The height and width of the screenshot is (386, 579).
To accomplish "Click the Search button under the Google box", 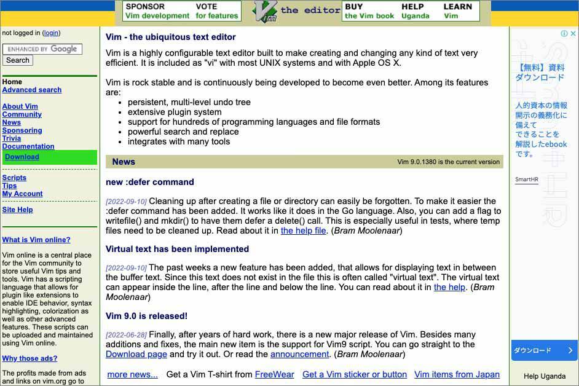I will tap(18, 60).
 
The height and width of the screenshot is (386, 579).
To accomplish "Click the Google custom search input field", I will tap(42, 49).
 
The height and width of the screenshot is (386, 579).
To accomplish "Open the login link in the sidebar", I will tap(51, 33).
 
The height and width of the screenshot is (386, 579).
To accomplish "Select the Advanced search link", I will tap(32, 90).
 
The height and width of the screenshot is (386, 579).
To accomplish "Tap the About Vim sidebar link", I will tap(20, 106).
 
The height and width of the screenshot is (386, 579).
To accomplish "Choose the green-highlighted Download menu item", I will tap(22, 157).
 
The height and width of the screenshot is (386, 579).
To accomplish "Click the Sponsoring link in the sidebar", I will tap(22, 130).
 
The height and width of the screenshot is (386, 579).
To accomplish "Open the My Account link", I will tap(22, 194).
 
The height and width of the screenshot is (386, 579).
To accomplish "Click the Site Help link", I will tap(17, 210).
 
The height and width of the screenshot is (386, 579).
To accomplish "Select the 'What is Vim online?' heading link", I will tap(36, 240).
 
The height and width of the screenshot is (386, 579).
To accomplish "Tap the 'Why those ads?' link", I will tap(30, 358).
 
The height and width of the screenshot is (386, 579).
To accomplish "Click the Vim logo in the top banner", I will tap(265, 11).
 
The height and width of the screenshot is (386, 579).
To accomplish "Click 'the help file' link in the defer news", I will tap(303, 230).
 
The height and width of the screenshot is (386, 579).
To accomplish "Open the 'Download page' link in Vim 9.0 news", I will tap(136, 354).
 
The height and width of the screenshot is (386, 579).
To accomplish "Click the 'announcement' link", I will tap(300, 354).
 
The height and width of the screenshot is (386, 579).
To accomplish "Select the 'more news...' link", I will tap(132, 374).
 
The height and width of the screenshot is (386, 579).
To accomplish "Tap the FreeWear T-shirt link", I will tap(274, 374).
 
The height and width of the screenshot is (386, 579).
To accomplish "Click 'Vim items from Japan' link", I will tap(457, 374).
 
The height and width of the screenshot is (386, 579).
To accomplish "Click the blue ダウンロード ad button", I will tap(544, 350).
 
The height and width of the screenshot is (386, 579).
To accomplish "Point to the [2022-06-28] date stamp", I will tap(126, 335).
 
